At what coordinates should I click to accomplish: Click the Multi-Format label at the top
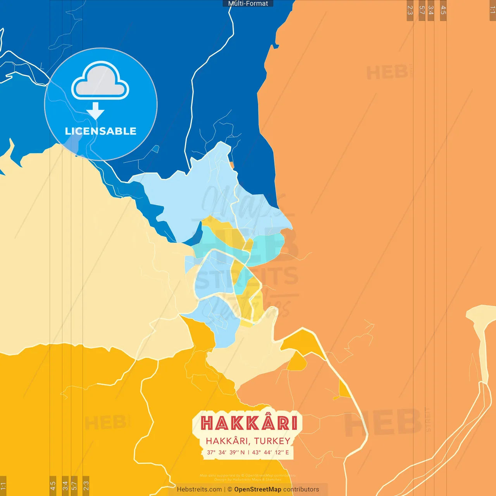(248, 3)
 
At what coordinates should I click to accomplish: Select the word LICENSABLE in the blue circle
(101, 131)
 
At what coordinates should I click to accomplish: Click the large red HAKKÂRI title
(249, 423)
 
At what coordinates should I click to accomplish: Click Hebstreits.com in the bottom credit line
(199, 489)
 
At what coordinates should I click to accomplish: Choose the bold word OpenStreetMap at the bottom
(258, 489)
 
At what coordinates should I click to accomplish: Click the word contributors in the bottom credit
(301, 489)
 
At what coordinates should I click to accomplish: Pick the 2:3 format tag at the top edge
(410, 10)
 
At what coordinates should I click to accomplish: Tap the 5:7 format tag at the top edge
(422, 10)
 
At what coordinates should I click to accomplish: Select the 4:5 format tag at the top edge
(443, 10)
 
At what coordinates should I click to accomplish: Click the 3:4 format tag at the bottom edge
(65, 486)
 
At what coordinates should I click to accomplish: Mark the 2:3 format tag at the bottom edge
(86, 486)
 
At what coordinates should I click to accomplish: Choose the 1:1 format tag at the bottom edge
(3, 486)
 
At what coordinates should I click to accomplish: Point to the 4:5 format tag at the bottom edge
(53, 486)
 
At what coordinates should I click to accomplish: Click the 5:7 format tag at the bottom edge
(74, 486)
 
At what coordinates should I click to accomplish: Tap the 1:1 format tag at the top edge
(493, 10)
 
